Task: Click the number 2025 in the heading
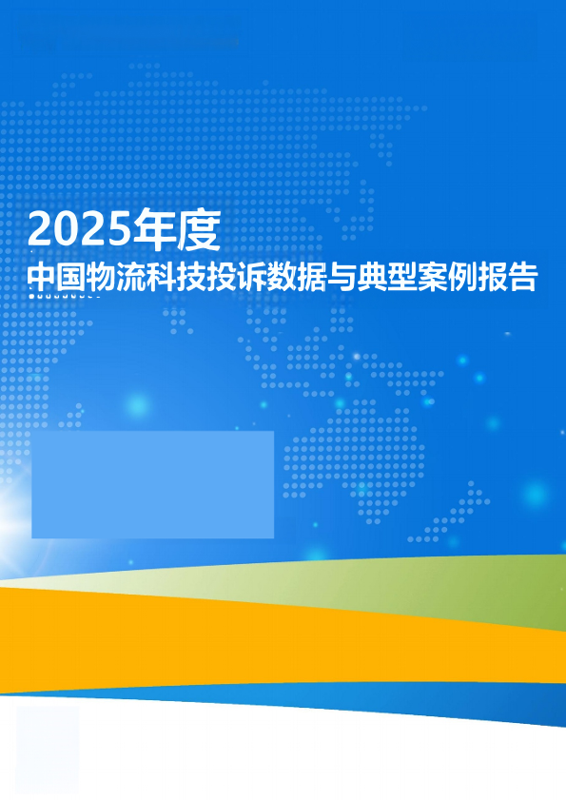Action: click(x=79, y=229)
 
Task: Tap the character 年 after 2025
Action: click(x=153, y=229)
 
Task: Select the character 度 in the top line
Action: click(x=199, y=229)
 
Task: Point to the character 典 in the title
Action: click(x=372, y=277)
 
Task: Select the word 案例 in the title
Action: click(x=447, y=277)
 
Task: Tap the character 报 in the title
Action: click(x=492, y=277)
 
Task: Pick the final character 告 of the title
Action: click(x=522, y=277)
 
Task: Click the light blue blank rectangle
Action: click(x=152, y=484)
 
